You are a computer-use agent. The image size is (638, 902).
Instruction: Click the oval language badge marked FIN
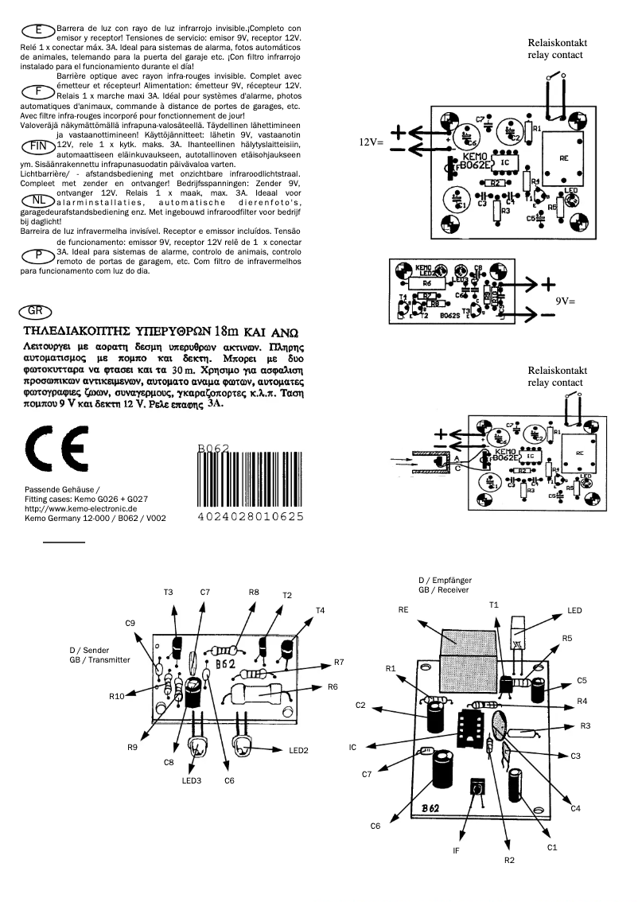click(x=37, y=146)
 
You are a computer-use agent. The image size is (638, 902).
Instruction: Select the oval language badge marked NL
click(x=37, y=199)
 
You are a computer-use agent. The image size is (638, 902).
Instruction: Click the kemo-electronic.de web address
click(x=82, y=507)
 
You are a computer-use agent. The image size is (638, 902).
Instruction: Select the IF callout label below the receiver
click(x=456, y=850)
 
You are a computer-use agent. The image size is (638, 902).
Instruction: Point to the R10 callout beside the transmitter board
click(x=118, y=696)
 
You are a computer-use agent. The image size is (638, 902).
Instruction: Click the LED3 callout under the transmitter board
click(x=192, y=780)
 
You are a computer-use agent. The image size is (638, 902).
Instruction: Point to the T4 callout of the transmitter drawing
click(x=320, y=610)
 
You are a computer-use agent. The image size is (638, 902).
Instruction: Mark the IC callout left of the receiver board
click(x=352, y=748)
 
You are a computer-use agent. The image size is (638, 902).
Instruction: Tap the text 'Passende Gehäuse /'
click(x=63, y=488)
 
